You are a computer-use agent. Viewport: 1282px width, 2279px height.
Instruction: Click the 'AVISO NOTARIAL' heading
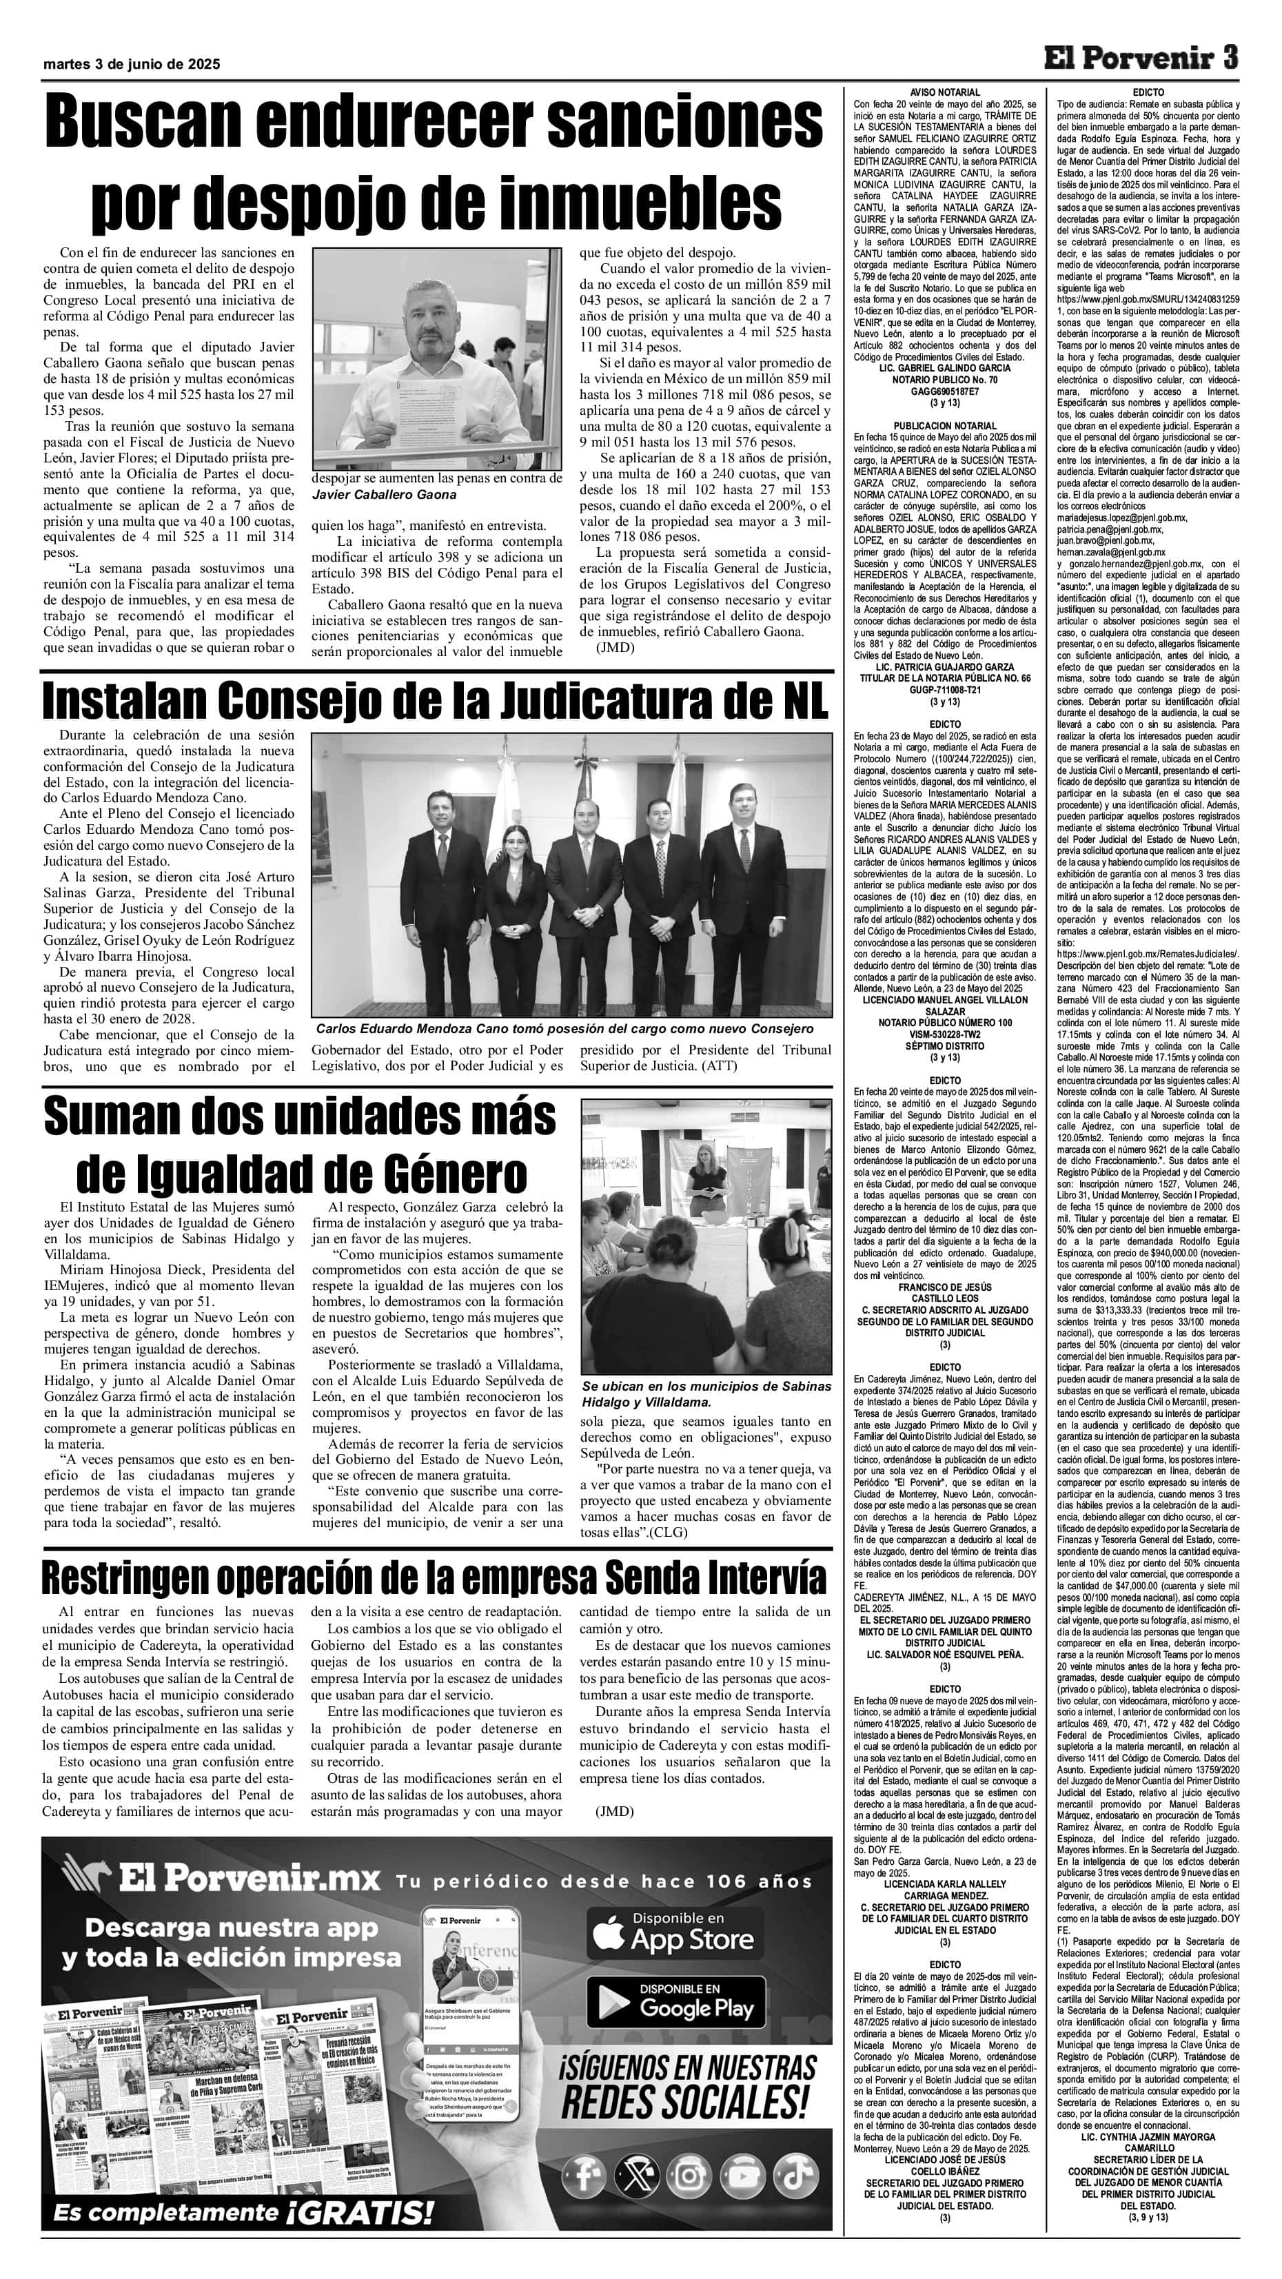tap(945, 92)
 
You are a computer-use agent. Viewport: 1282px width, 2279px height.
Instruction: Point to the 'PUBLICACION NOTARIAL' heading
tap(945, 425)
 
